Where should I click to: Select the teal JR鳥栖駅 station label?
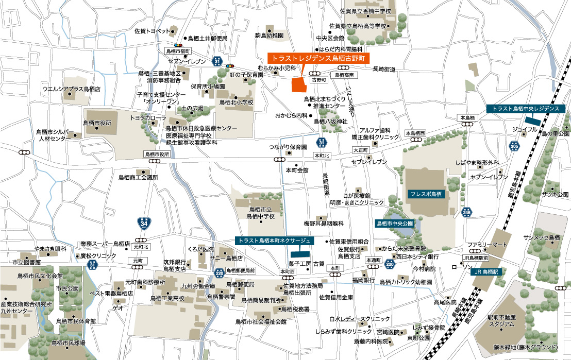coord(486,271)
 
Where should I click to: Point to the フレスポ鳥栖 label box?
coord(426,194)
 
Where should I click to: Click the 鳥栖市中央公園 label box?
coord(395,224)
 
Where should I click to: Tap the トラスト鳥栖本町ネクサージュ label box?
coord(273,241)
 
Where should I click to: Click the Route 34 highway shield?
coord(144,224)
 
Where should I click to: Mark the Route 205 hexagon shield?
coord(514,146)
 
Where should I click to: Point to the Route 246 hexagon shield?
coord(467,212)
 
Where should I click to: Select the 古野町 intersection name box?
coord(318,80)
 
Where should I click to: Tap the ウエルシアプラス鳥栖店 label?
coord(71,89)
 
